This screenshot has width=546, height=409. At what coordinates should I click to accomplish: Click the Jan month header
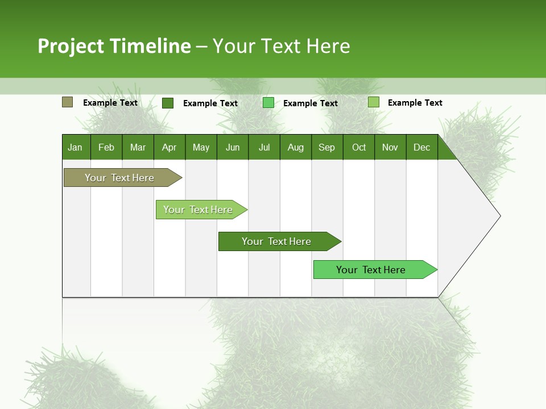[76, 148]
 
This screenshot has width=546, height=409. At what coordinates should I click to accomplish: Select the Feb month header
[106, 148]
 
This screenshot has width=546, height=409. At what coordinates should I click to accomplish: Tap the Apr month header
[169, 148]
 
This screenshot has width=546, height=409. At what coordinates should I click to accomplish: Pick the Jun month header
[233, 148]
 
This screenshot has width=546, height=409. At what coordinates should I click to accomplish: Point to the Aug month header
[296, 148]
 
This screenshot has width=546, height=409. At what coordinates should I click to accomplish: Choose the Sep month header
[327, 148]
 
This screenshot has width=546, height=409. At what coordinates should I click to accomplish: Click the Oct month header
[359, 148]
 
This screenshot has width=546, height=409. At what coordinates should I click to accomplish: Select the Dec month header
[422, 148]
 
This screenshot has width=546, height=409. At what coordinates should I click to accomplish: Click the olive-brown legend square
[67, 102]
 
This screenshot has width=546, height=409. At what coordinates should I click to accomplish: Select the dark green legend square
[168, 103]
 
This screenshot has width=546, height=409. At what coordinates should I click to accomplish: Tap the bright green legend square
[268, 103]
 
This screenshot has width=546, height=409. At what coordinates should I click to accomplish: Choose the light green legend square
[374, 102]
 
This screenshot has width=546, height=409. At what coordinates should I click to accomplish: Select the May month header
[201, 148]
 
